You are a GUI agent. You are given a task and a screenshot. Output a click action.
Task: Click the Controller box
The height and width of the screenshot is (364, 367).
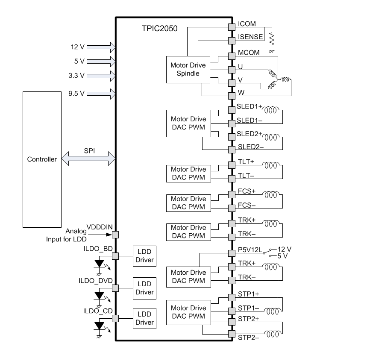[41, 159]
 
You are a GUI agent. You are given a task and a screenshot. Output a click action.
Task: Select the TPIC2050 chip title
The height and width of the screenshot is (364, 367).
[159, 29]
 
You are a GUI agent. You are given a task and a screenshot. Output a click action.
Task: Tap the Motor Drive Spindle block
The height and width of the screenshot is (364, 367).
[188, 69]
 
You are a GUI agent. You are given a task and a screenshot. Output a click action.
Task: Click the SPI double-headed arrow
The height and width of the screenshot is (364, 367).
[89, 159]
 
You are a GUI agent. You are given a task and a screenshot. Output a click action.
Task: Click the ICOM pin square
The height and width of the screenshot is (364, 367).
[232, 27]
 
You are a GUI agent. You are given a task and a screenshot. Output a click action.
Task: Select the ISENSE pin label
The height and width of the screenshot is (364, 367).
[250, 37]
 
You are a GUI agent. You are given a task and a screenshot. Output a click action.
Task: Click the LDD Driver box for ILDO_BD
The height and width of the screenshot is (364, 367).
[144, 256]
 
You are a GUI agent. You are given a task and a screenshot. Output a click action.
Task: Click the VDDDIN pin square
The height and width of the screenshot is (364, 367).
[115, 235]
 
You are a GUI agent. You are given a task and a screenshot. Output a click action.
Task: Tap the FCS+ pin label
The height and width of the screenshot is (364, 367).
[247, 191]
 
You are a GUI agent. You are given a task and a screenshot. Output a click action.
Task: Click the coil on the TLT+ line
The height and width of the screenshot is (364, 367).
[271, 165]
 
